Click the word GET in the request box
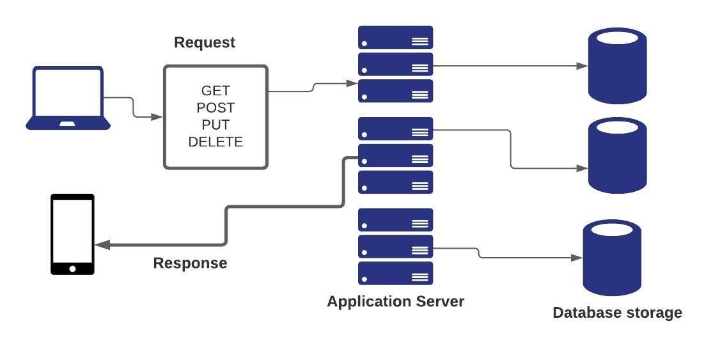pyautogui.click(x=215, y=91)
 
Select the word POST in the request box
pyautogui.click(x=215, y=107)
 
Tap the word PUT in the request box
pyautogui.click(x=215, y=125)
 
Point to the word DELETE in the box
pyautogui.click(x=215, y=142)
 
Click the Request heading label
pyautogui.click(x=205, y=43)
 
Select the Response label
pyautogui.click(x=190, y=263)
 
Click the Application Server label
pyautogui.click(x=395, y=301)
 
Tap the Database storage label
pyautogui.click(x=617, y=313)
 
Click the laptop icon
pyautogui.click(x=68, y=98)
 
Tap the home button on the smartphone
pyautogui.click(x=72, y=269)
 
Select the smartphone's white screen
pyautogui.click(x=72, y=230)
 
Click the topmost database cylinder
pyautogui.click(x=617, y=65)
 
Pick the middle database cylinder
pyautogui.click(x=617, y=155)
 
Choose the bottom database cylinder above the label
pyautogui.click(x=612, y=258)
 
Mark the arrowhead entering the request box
pyautogui.click(x=157, y=117)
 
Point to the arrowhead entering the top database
pyautogui.click(x=582, y=66)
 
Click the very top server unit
pyautogui.click(x=395, y=37)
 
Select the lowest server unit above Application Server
pyautogui.click(x=395, y=273)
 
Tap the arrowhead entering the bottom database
pyautogui.click(x=577, y=258)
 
